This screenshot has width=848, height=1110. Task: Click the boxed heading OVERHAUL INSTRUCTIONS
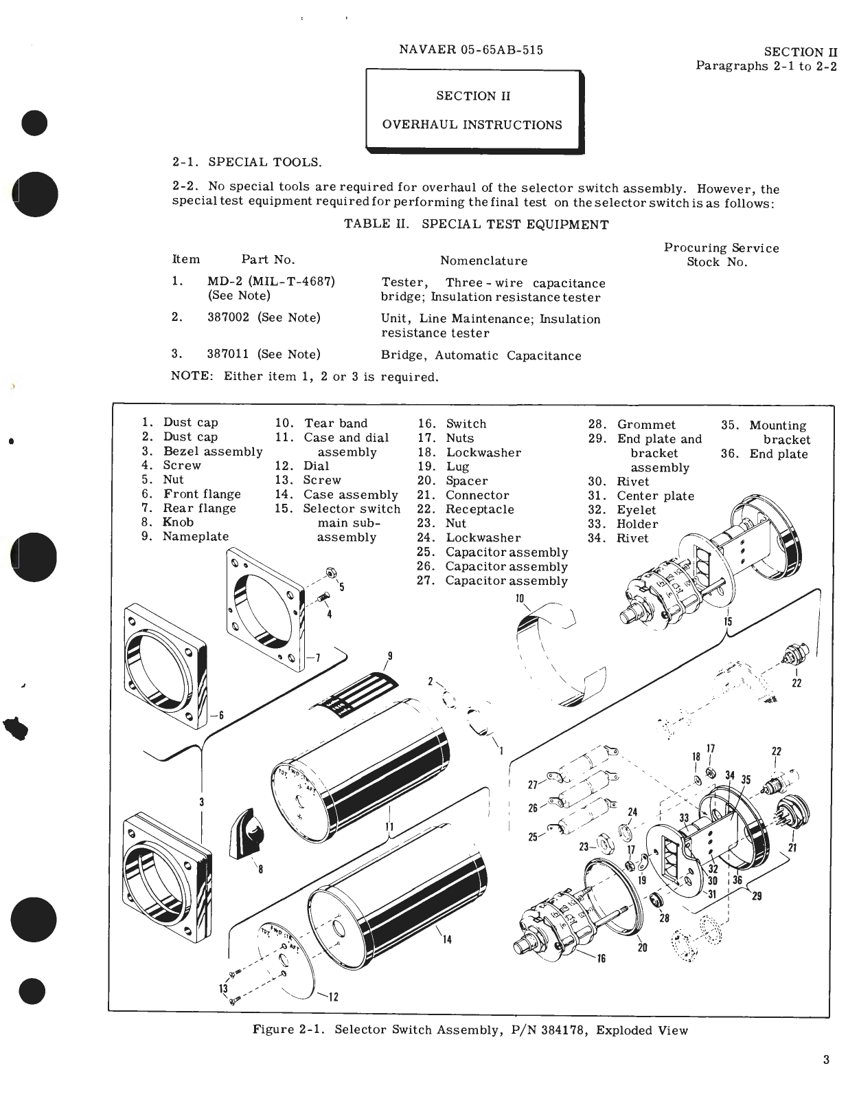click(472, 125)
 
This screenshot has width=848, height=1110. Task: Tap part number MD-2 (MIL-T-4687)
click(271, 282)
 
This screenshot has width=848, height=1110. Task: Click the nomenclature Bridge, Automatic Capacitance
click(481, 356)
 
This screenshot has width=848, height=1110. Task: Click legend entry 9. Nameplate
click(185, 537)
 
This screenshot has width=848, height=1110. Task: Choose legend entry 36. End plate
click(764, 454)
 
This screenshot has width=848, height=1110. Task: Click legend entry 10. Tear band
click(321, 423)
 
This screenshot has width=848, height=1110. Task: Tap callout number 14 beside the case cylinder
click(447, 940)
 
